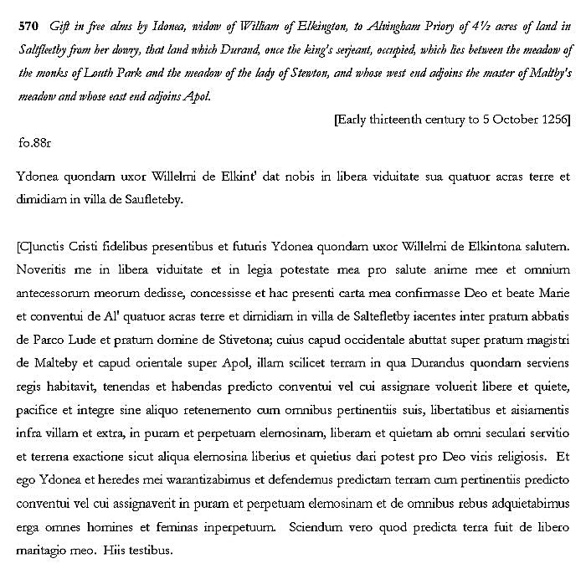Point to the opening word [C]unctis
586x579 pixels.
tap(43, 249)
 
